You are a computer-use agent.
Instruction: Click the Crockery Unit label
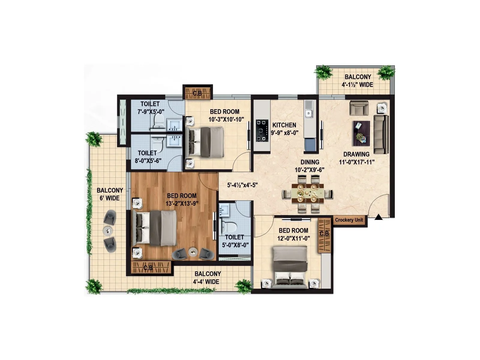click(349, 220)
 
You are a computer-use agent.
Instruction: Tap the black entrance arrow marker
click(379, 217)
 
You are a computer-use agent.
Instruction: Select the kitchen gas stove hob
click(262, 130)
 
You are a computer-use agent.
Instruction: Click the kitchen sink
click(309, 113)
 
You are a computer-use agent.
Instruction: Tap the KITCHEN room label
click(284, 125)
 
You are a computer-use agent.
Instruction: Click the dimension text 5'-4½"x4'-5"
click(242, 185)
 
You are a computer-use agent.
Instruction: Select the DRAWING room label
click(356, 154)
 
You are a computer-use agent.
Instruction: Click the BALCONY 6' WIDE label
click(110, 194)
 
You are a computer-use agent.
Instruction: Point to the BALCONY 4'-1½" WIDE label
click(358, 81)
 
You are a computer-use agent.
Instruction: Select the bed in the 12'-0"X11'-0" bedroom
click(290, 266)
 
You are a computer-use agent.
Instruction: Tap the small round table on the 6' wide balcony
click(108, 230)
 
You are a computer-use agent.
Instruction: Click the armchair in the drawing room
click(359, 108)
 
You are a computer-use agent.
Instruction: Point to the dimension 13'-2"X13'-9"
click(182, 203)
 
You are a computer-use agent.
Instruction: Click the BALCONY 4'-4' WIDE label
click(207, 277)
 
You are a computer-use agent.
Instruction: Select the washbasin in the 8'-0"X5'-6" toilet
click(174, 141)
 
